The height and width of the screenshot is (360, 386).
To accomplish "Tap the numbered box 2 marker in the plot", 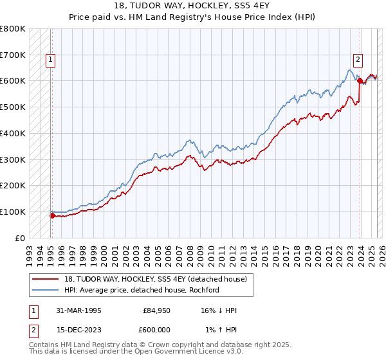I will pyautogui.click(x=357, y=60).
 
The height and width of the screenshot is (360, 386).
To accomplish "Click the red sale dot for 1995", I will pyautogui.click(x=52, y=216).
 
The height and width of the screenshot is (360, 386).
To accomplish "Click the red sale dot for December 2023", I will pyautogui.click(x=360, y=81).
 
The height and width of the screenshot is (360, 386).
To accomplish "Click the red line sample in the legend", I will pyautogui.click(x=47, y=279).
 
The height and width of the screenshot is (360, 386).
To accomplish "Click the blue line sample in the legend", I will pyautogui.click(x=47, y=290).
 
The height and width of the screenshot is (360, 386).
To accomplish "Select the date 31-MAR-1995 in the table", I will pyautogui.click(x=77, y=310).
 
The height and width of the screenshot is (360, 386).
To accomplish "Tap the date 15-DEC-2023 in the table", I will pyautogui.click(x=77, y=329).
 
